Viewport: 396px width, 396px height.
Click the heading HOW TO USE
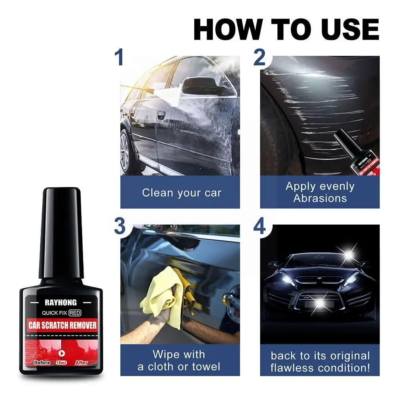point(286,28)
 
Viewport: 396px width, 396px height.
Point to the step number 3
point(120,227)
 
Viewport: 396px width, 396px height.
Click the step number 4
point(260,227)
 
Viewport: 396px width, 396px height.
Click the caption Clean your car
point(182,193)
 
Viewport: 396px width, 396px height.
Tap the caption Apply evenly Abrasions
point(320,192)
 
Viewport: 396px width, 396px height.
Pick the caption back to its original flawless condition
point(320,362)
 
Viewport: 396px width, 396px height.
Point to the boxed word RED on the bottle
point(77,313)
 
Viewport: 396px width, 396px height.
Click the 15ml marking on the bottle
point(61,362)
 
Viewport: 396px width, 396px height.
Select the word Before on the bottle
point(42,362)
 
